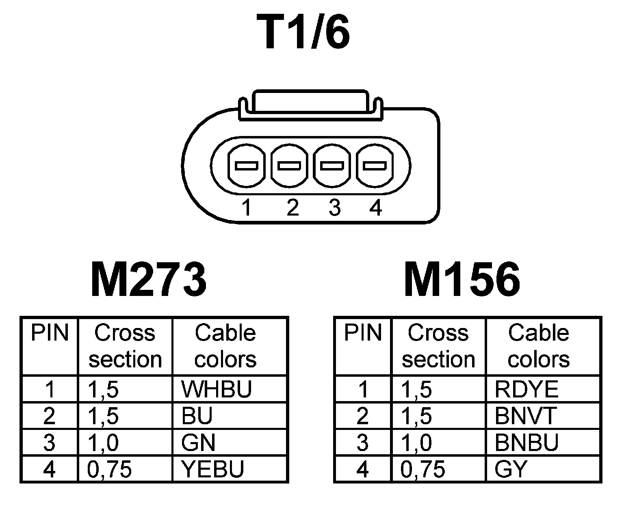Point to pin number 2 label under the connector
(x=292, y=208)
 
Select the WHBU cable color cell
(x=217, y=389)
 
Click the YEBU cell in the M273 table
(x=212, y=469)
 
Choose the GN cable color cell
(x=199, y=442)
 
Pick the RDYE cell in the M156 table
(x=526, y=389)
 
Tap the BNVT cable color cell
(x=525, y=416)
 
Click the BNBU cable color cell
(x=526, y=442)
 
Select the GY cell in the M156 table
(x=511, y=469)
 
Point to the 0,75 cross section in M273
(x=110, y=469)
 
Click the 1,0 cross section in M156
(x=417, y=442)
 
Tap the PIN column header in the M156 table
(x=363, y=333)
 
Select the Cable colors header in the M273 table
(x=225, y=346)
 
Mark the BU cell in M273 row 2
(x=197, y=416)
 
